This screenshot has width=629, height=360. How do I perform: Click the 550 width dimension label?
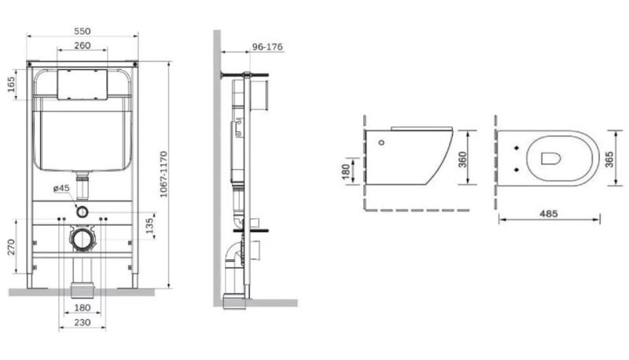tap(83, 31)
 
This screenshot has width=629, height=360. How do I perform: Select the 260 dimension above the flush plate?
tap(83, 46)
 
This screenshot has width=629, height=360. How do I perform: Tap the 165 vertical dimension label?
tap(11, 84)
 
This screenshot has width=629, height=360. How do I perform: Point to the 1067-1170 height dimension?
tap(164, 174)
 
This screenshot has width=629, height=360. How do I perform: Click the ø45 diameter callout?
tap(61, 188)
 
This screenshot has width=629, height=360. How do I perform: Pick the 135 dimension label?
tap(149, 226)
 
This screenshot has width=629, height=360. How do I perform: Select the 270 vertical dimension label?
tap(11, 247)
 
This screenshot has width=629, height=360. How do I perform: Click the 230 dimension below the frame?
tap(83, 322)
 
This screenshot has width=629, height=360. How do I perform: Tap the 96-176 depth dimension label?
tap(267, 47)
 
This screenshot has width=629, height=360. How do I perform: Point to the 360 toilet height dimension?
tap(462, 159)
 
